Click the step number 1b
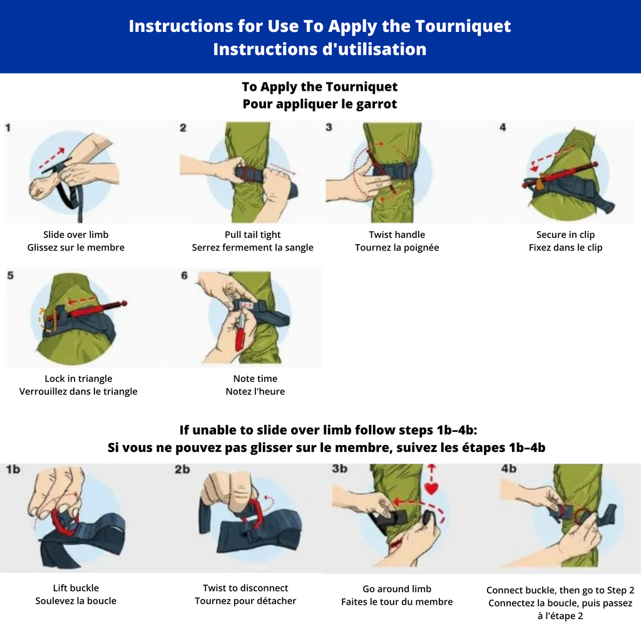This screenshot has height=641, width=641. click(13, 469)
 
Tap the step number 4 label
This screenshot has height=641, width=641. click(503, 127)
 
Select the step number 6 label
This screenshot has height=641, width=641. click(185, 275)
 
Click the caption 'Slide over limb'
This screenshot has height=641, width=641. click(76, 235)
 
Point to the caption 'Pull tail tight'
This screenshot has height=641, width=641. click(253, 235)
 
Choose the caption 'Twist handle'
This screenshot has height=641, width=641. click(397, 235)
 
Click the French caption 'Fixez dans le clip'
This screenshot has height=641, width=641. click(566, 247)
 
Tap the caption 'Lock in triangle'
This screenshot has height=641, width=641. click(78, 379)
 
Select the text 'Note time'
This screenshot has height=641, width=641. click(255, 379)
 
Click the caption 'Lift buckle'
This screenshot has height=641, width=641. click(76, 588)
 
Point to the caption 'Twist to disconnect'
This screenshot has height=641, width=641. click(245, 588)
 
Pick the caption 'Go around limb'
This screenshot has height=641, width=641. click(397, 589)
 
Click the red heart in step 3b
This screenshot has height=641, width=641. click(431, 488)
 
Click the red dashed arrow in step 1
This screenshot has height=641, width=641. click(52, 158)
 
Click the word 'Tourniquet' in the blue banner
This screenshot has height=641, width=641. click(463, 26)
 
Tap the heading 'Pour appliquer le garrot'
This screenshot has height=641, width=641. click(320, 104)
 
